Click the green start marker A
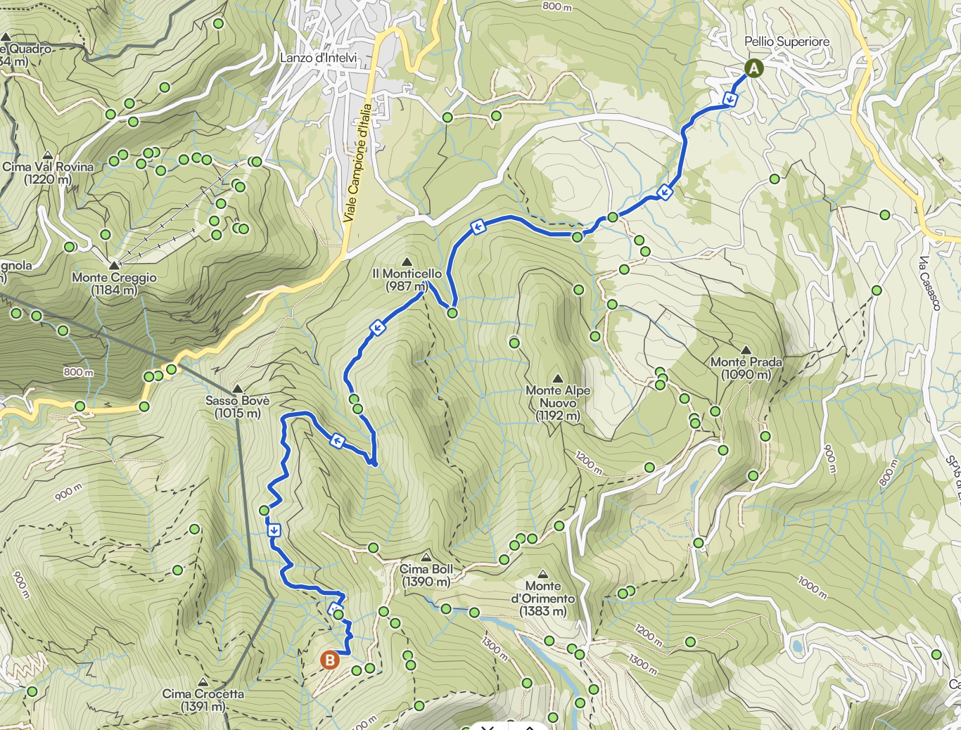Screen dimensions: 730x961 point(753,68)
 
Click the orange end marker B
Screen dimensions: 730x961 point(329,660)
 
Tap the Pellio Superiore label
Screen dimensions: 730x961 point(787,41)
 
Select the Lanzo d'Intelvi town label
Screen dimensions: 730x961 point(318,58)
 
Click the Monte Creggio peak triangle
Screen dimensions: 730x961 point(114,265)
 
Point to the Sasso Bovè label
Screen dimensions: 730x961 point(237,406)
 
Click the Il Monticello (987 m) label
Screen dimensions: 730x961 point(407,279)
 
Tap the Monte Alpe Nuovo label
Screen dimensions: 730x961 point(558,402)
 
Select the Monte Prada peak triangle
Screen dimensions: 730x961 point(746,350)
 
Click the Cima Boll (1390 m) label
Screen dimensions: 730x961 point(426,575)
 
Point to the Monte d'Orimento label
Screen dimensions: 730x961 point(542,598)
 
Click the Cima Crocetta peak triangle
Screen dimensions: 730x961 point(203,681)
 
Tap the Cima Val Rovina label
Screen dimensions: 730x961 point(48,172)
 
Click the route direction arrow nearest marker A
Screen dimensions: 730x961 point(730,99)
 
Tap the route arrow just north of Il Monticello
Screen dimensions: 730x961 point(478,226)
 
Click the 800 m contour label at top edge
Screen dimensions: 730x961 point(556,6)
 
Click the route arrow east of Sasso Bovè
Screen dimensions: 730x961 point(337,441)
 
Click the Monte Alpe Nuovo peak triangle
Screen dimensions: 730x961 point(558,378)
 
